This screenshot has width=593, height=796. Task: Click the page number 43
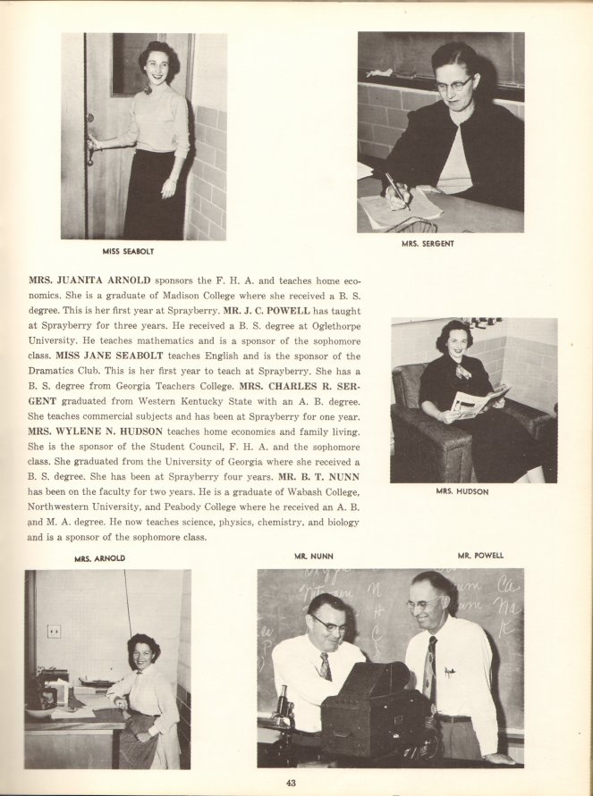point(292,783)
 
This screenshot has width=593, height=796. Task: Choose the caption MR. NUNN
point(313,556)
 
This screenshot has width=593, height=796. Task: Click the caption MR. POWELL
point(480,556)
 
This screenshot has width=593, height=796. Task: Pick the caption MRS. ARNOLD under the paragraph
point(99,558)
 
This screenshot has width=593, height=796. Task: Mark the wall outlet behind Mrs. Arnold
point(54,631)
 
